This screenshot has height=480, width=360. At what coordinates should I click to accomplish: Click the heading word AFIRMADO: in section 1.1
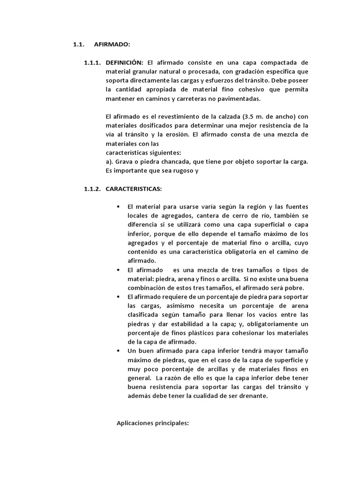[112, 45]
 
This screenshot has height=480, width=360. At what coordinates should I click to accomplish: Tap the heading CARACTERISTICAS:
[134, 189]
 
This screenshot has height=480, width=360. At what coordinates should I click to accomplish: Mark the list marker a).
[111, 162]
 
